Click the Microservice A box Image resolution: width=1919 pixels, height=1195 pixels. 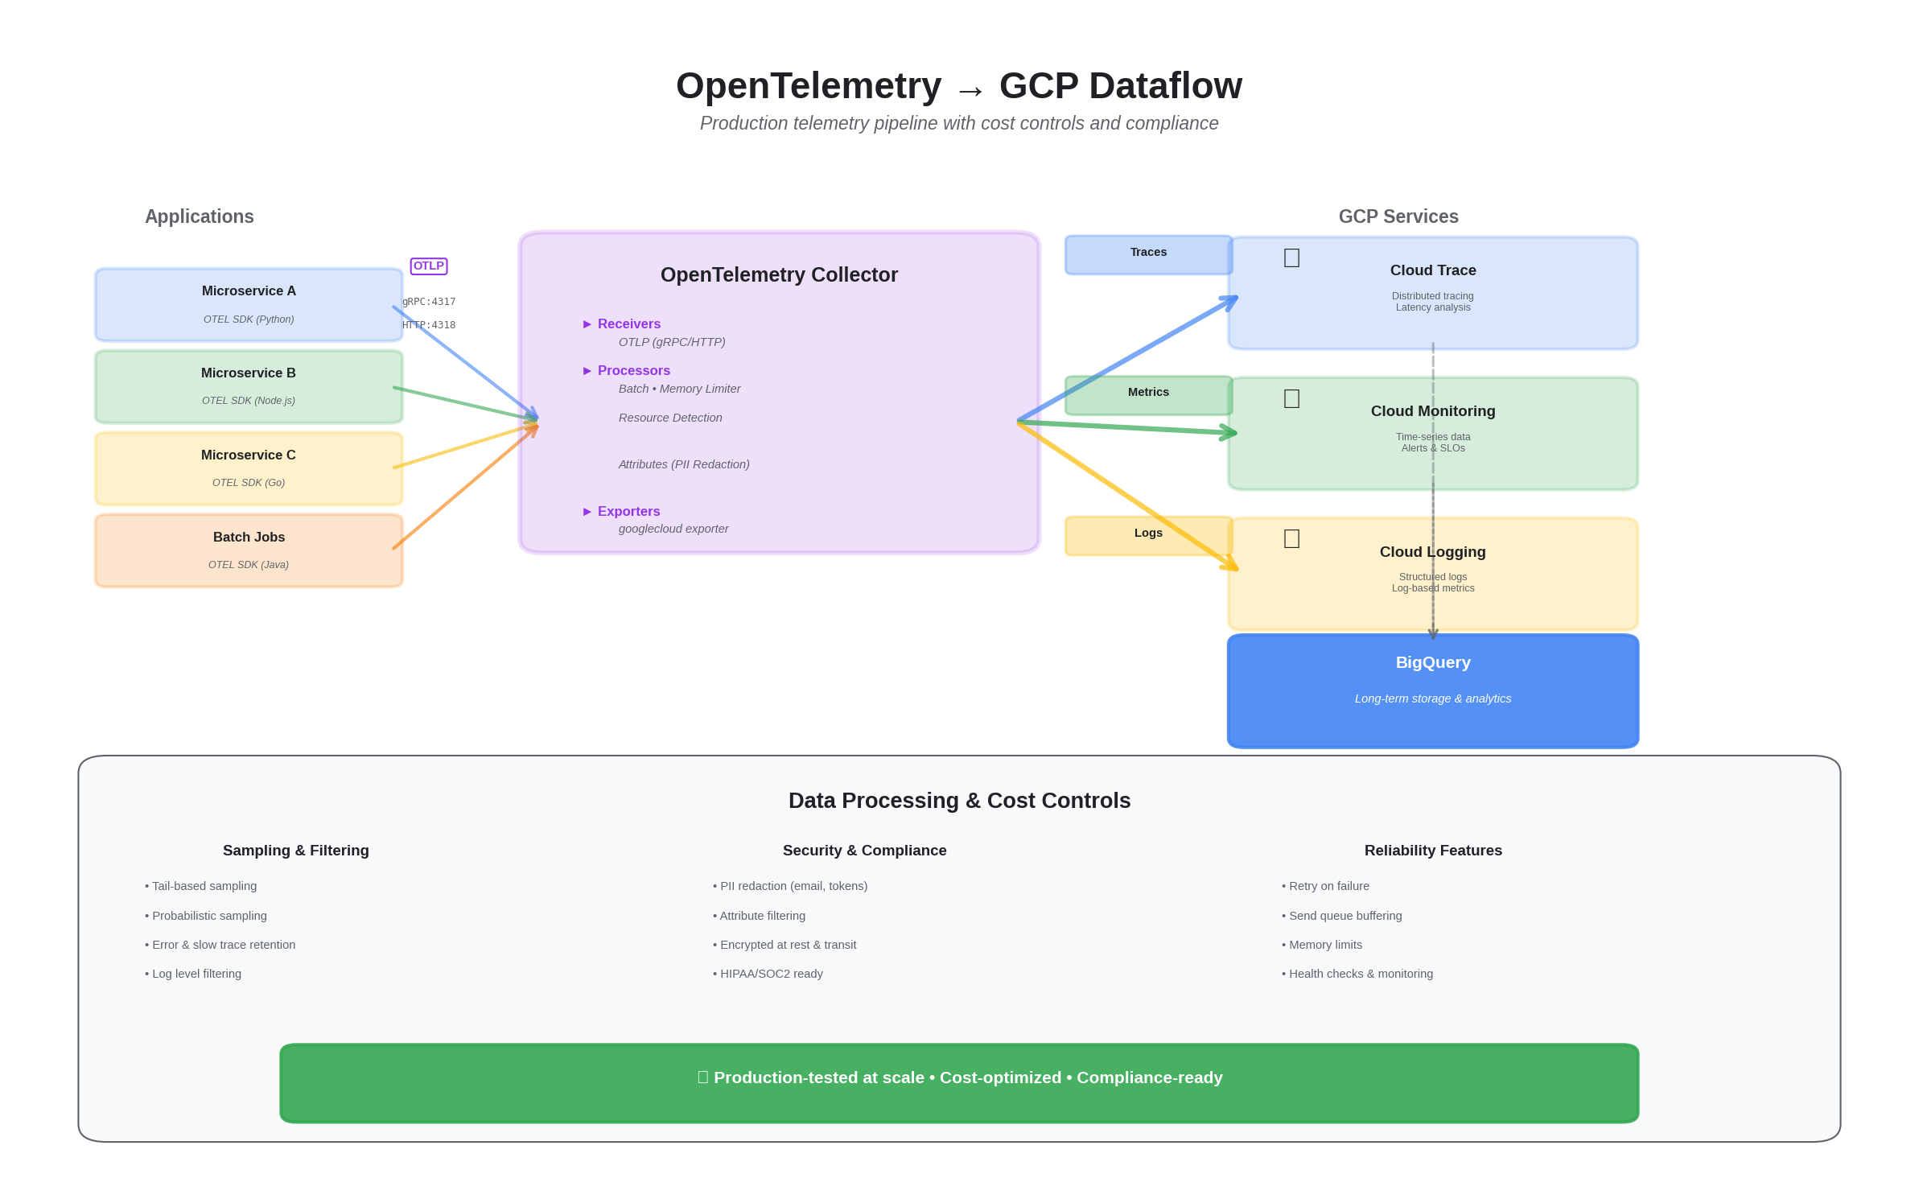[x=248, y=304]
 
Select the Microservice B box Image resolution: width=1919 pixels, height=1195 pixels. [x=248, y=386]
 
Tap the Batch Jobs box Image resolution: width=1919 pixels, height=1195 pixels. [x=248, y=550]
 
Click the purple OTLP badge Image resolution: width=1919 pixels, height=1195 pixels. [x=428, y=266]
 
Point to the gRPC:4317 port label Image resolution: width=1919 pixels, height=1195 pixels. [x=429, y=302]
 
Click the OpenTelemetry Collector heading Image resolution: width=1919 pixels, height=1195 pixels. [x=778, y=275]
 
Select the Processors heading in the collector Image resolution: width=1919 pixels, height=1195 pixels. [x=633, y=370]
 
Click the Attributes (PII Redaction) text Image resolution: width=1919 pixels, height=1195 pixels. [x=683, y=464]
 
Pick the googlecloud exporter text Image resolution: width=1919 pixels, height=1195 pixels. [x=673, y=529]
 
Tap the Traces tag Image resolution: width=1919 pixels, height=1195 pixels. [x=1147, y=253]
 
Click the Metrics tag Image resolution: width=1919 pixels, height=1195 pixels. [x=1147, y=394]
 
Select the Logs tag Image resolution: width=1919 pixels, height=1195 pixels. [x=1147, y=534]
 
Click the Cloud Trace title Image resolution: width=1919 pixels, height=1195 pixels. [x=1432, y=270]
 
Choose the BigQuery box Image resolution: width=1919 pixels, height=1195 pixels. [x=1432, y=690]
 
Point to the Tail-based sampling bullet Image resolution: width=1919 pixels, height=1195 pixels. [x=201, y=886]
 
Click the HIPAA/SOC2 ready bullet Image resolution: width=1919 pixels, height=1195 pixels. [x=768, y=974]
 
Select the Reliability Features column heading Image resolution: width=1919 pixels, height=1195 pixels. [x=1432, y=851]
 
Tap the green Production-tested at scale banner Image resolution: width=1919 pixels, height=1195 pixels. [x=958, y=1082]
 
